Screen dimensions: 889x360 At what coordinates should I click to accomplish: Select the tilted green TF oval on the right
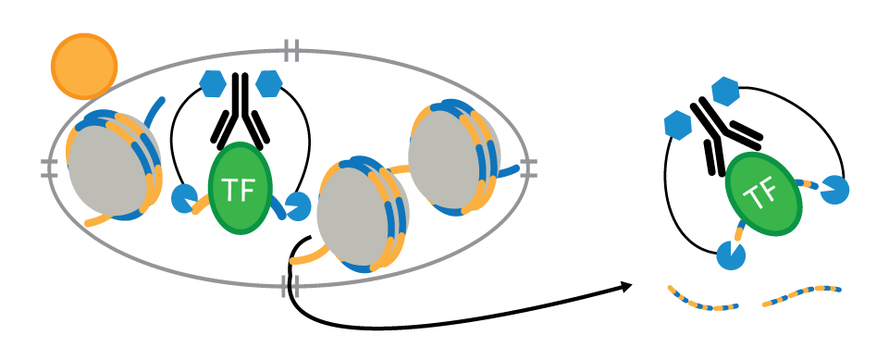coord(762,192)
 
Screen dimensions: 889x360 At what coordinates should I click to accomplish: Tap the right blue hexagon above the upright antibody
coord(269,84)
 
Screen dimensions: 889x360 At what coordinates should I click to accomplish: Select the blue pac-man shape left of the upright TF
coord(185,197)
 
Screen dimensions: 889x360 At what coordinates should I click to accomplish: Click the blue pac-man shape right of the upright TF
coord(298,205)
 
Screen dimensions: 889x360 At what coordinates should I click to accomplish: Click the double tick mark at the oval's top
coord(291,51)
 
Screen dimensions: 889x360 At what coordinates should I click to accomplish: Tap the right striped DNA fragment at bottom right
coord(802,296)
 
